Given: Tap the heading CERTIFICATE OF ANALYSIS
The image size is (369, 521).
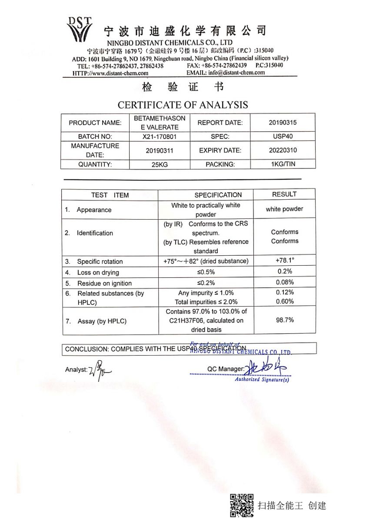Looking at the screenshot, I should coord(183,105).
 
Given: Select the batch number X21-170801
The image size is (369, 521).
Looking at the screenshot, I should coord(160,136).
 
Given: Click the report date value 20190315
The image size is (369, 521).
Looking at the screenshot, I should coord(283,122).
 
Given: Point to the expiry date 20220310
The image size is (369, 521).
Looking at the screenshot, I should coord(283,150).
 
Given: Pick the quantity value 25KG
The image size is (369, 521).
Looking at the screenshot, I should coord(160,165).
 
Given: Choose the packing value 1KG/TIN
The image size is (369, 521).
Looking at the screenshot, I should coord(283,164).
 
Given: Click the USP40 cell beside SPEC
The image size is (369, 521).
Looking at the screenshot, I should coord(283,136).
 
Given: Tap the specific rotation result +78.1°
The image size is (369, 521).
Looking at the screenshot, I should coord(285,260).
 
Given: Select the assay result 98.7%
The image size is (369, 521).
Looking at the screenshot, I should coord(285,320).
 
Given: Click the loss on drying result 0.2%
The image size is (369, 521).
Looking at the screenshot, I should coord(285,271).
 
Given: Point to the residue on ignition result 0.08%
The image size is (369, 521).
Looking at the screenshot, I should coord(285,282).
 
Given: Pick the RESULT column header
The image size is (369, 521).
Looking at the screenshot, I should coord(284,194).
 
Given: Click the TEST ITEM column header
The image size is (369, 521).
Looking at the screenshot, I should coord(110,195).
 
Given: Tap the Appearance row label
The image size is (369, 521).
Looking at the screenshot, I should coord(94,210).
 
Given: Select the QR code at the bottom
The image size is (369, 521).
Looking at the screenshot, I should coord(242,505).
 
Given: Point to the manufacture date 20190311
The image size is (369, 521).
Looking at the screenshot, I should coord(160,151).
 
